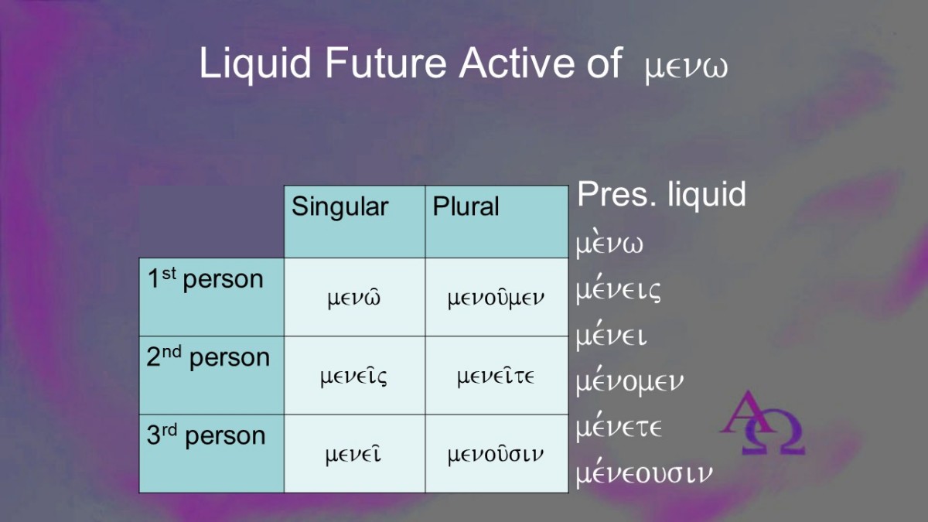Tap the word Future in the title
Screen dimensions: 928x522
tap(386, 62)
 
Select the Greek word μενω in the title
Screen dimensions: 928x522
tap(686, 69)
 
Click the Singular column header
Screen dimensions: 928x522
tap(339, 206)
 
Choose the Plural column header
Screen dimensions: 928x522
tap(466, 206)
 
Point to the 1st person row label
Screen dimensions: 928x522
tap(206, 278)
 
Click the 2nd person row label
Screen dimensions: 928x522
tap(208, 357)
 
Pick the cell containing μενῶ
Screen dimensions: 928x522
tap(354, 298)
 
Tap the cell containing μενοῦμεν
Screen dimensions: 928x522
tap(496, 298)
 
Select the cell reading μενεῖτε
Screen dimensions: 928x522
tap(496, 376)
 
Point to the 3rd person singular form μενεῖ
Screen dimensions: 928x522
tap(353, 455)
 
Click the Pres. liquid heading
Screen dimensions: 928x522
tap(662, 195)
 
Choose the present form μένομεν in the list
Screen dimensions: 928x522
tap(629, 381)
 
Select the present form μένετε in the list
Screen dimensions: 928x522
tap(619, 428)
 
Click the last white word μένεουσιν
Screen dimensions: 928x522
tap(644, 473)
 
